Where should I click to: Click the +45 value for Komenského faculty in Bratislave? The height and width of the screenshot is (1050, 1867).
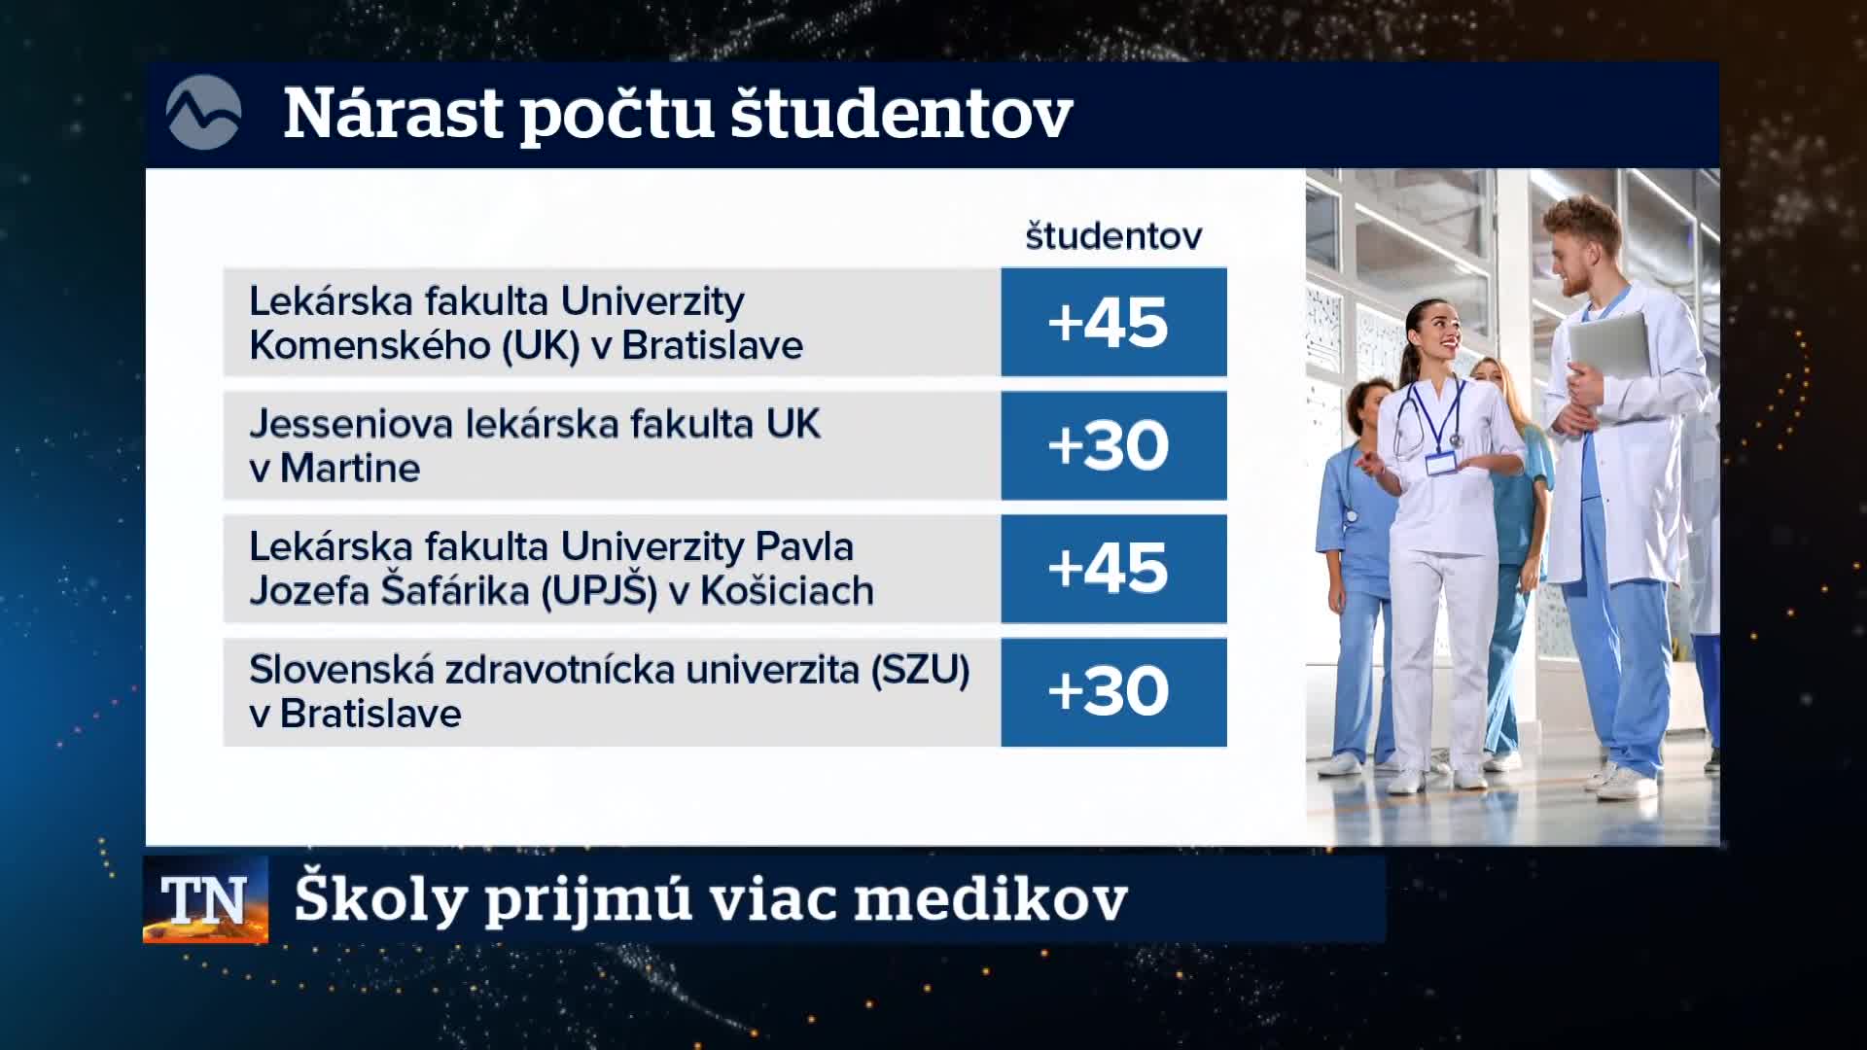[x=1108, y=323]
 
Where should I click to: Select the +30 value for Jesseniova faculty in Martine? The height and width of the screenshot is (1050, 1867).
[x=1108, y=445]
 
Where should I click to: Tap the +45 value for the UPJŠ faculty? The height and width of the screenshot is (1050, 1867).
[x=1108, y=569]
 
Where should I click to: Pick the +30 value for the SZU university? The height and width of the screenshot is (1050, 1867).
[x=1108, y=691]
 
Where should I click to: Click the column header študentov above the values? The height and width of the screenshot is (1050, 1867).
[x=1113, y=235]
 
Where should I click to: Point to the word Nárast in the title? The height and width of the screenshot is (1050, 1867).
[x=390, y=115]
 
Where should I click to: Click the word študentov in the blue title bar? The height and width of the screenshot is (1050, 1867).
[x=900, y=114]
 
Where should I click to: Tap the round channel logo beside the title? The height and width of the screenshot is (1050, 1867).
[x=203, y=113]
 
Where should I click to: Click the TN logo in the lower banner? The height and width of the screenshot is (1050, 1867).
[x=205, y=900]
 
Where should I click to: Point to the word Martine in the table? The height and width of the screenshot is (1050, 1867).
[x=350, y=469]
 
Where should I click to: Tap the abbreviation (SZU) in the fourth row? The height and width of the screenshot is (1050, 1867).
[x=920, y=670]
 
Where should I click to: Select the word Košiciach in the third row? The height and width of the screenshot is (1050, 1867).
[x=787, y=590]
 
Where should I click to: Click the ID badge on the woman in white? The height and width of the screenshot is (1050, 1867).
[x=1441, y=462]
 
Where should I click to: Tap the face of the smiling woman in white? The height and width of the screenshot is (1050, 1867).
[x=1437, y=333]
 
